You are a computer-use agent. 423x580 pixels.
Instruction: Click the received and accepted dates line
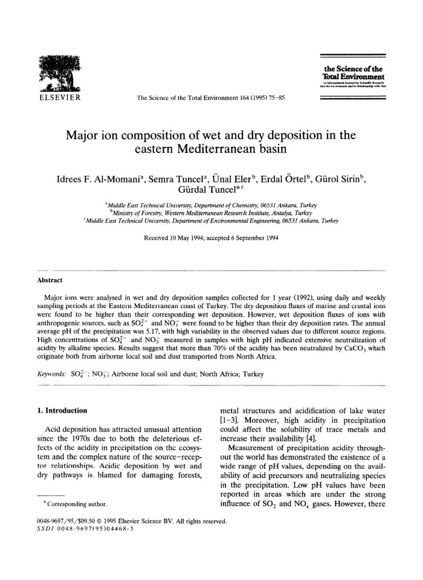click(x=211, y=237)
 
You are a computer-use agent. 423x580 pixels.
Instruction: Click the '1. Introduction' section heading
click(x=63, y=411)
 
